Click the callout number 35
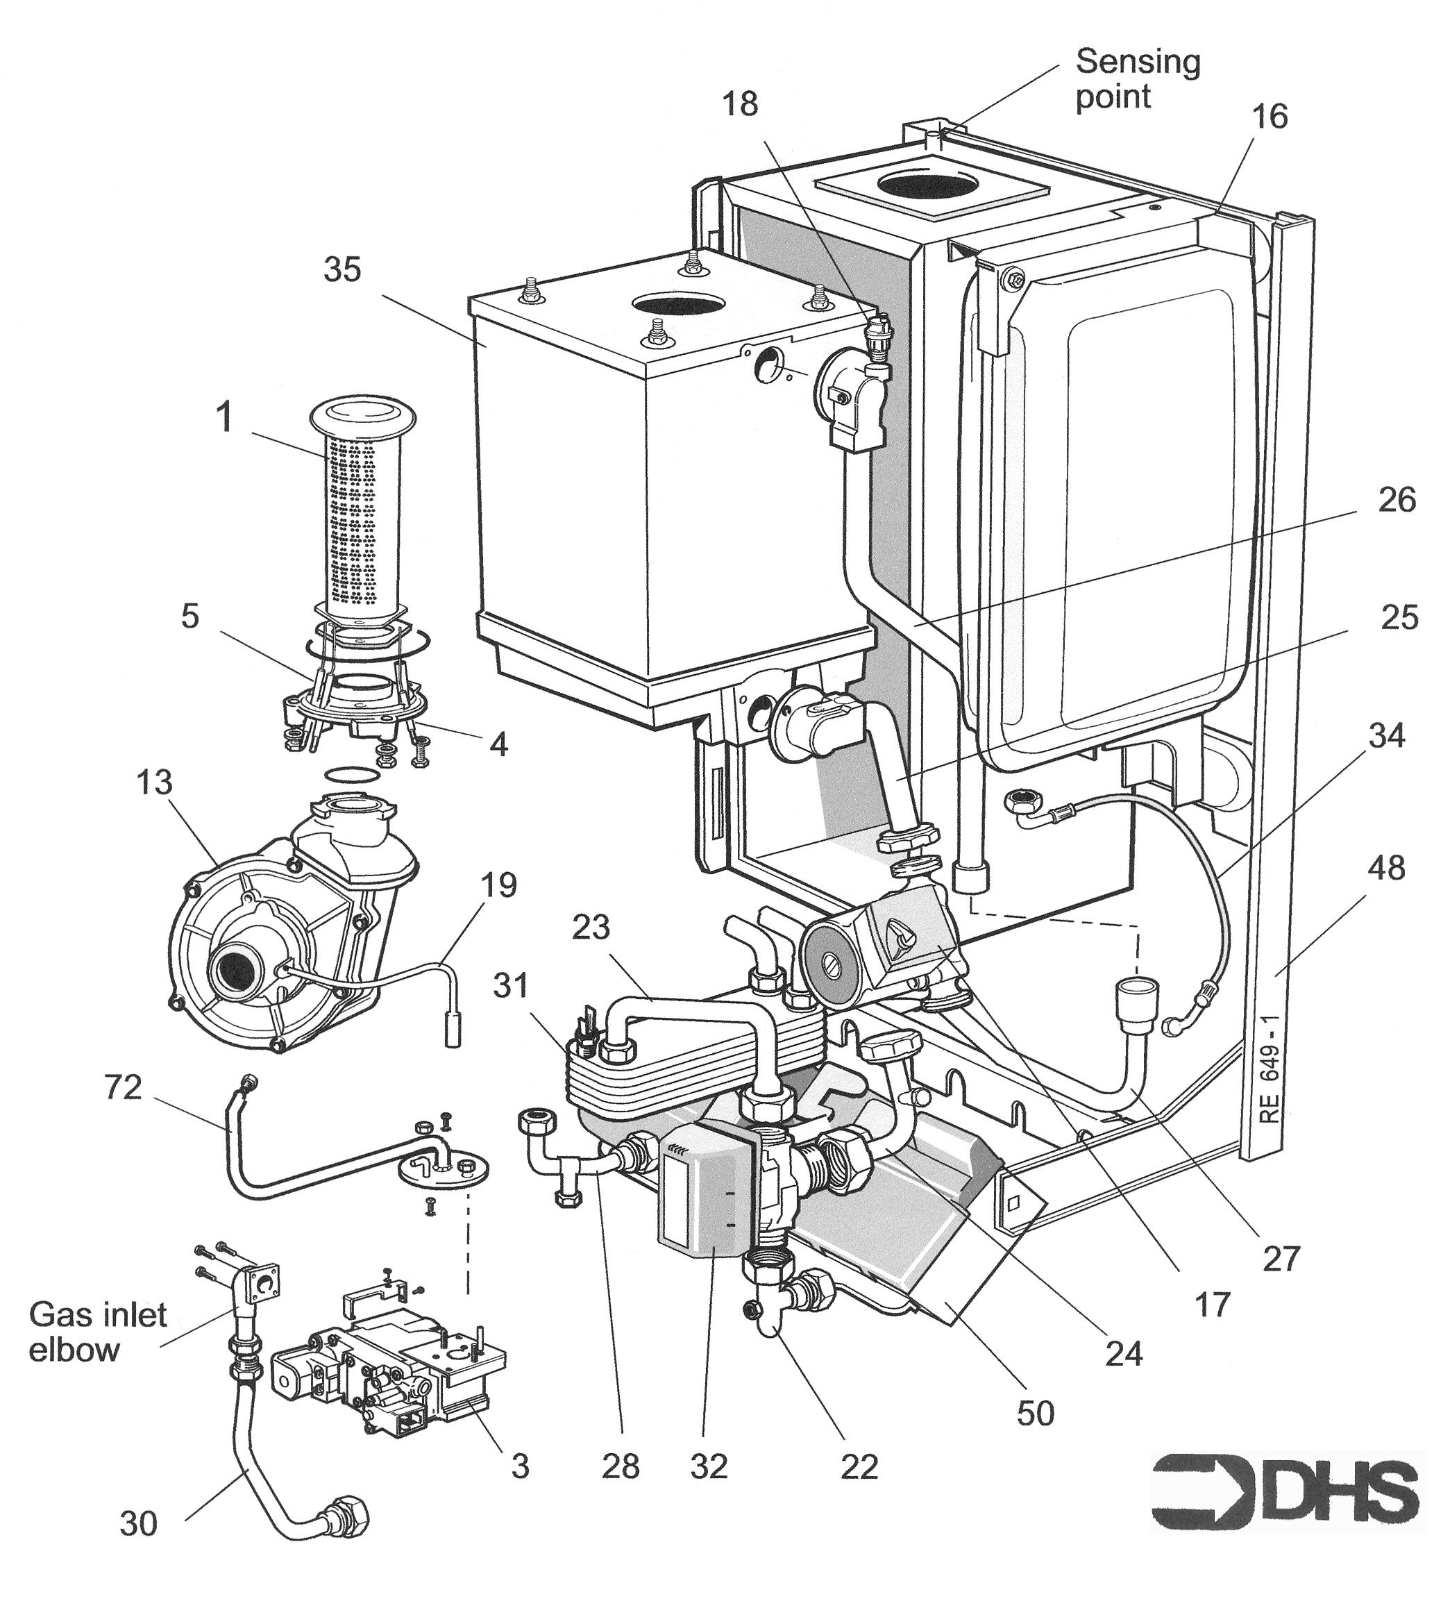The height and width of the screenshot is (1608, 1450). pyautogui.click(x=343, y=270)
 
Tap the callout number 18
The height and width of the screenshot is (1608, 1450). pyautogui.click(x=740, y=104)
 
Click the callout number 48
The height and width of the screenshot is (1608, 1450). pyautogui.click(x=1386, y=868)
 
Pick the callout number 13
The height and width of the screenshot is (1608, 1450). pyautogui.click(x=154, y=782)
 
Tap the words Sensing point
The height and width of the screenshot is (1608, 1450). pyautogui.click(x=1137, y=78)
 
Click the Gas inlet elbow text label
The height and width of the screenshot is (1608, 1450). pyautogui.click(x=97, y=1332)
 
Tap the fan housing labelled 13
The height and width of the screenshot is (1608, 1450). pyautogui.click(x=263, y=956)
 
